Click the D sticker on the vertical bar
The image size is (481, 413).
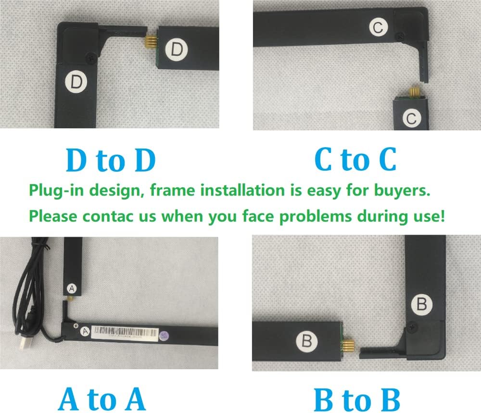(x=76, y=82)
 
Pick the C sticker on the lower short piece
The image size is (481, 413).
(x=411, y=118)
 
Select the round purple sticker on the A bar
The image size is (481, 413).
(x=165, y=335)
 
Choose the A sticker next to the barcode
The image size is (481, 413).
(x=85, y=330)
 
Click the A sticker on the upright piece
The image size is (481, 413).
(x=71, y=288)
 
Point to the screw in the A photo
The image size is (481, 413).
(x=76, y=326)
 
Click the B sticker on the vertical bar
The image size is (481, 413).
(x=422, y=304)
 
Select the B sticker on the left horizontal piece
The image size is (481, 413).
(x=307, y=341)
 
